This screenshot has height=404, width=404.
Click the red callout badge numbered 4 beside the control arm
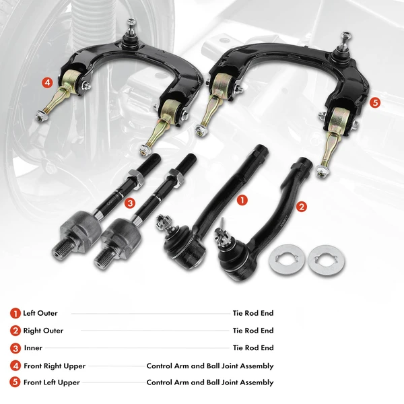point(47,83)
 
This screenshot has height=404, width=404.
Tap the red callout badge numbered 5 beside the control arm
point(375,102)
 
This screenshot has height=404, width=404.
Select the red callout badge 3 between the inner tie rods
point(131,202)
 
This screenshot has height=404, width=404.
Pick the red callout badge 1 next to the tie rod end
point(243,200)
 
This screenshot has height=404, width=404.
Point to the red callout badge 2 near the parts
point(302,207)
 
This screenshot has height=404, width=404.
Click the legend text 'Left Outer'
point(40,313)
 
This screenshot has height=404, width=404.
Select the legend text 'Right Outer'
point(43,331)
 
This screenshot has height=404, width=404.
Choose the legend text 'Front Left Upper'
point(52,382)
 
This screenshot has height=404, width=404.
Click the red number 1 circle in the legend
point(15,313)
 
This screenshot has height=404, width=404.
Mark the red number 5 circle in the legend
point(15,382)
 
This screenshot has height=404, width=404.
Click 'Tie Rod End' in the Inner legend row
point(253,348)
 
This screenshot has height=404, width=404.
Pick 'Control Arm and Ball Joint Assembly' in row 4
point(210,366)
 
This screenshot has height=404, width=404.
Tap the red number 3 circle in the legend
point(15,348)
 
